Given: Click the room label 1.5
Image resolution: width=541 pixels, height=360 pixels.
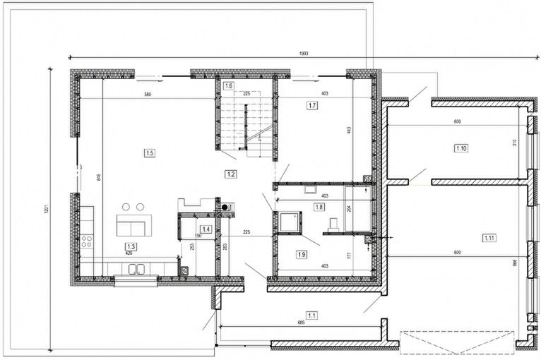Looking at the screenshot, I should (149, 152).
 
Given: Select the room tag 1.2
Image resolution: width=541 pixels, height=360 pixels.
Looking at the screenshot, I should (230, 173).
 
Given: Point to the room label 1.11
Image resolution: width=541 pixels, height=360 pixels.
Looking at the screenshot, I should (489, 238).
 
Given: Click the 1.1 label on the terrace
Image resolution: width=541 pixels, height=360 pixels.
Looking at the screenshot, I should (312, 315).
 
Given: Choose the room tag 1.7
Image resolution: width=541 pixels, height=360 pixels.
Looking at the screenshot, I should (313, 105).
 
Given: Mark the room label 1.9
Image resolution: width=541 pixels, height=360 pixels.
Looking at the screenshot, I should (302, 254).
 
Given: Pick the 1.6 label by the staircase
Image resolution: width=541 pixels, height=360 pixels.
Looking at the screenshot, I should (228, 86).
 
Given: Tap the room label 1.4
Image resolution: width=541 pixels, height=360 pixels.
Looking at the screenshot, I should (206, 229).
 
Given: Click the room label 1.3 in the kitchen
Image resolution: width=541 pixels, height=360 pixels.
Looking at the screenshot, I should (131, 245).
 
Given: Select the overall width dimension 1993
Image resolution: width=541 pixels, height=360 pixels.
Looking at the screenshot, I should (304, 54).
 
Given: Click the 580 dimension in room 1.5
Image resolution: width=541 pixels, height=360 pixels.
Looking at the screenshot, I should (148, 95).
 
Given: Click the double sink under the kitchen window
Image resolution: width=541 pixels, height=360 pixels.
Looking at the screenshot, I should (137, 269).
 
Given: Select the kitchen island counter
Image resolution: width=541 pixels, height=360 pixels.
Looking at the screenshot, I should (132, 227).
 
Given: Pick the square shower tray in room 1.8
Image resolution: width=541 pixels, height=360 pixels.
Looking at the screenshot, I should (290, 222).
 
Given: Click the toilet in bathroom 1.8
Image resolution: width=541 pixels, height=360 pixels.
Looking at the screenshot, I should (333, 224).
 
